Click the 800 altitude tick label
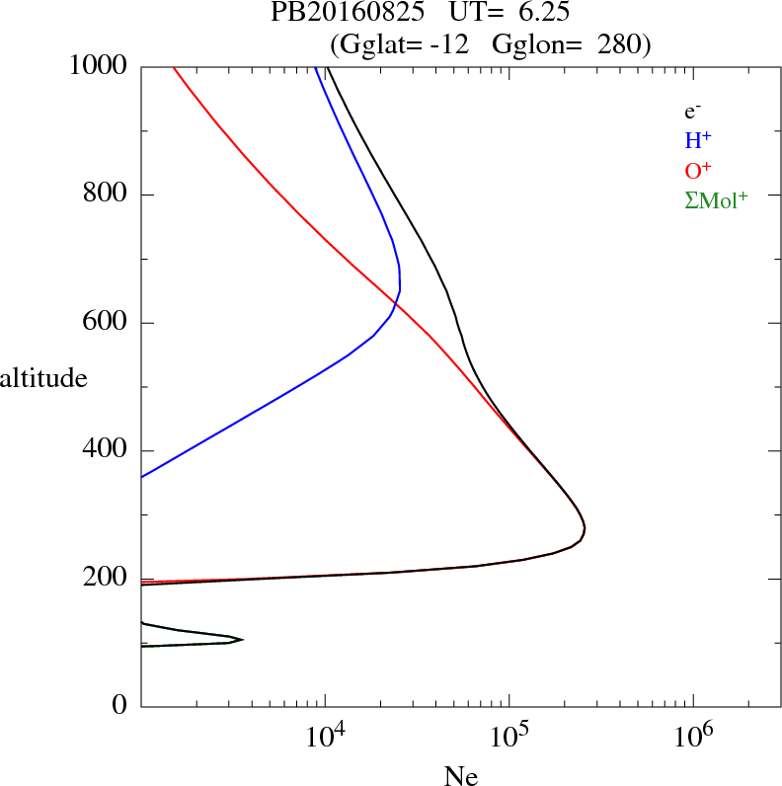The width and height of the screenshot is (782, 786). [107, 195]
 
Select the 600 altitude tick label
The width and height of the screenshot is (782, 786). [107, 323]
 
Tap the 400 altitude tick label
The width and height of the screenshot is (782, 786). [107, 451]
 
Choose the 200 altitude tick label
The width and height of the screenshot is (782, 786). [107, 580]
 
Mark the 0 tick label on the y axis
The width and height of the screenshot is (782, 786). [121, 707]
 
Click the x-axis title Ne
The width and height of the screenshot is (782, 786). [460, 775]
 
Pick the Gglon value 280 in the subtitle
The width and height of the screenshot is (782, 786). [618, 43]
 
